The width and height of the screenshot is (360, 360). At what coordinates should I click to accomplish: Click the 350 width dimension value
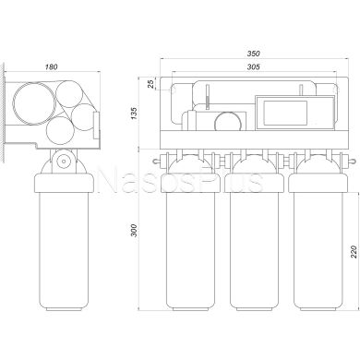click(254, 54)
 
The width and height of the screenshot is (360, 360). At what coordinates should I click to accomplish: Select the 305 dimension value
click(254, 66)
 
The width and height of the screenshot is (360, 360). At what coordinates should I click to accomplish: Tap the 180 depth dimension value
click(52, 66)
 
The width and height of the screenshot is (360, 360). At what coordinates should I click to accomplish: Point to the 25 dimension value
click(150, 84)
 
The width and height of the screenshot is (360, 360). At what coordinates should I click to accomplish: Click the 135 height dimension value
click(135, 114)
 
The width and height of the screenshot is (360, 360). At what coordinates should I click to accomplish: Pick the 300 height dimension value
click(134, 230)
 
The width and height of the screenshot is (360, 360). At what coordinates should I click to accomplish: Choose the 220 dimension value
click(354, 251)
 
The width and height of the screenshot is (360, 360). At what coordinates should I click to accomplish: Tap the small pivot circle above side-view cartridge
click(64, 161)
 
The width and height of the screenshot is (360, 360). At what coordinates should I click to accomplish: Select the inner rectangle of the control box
click(285, 113)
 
